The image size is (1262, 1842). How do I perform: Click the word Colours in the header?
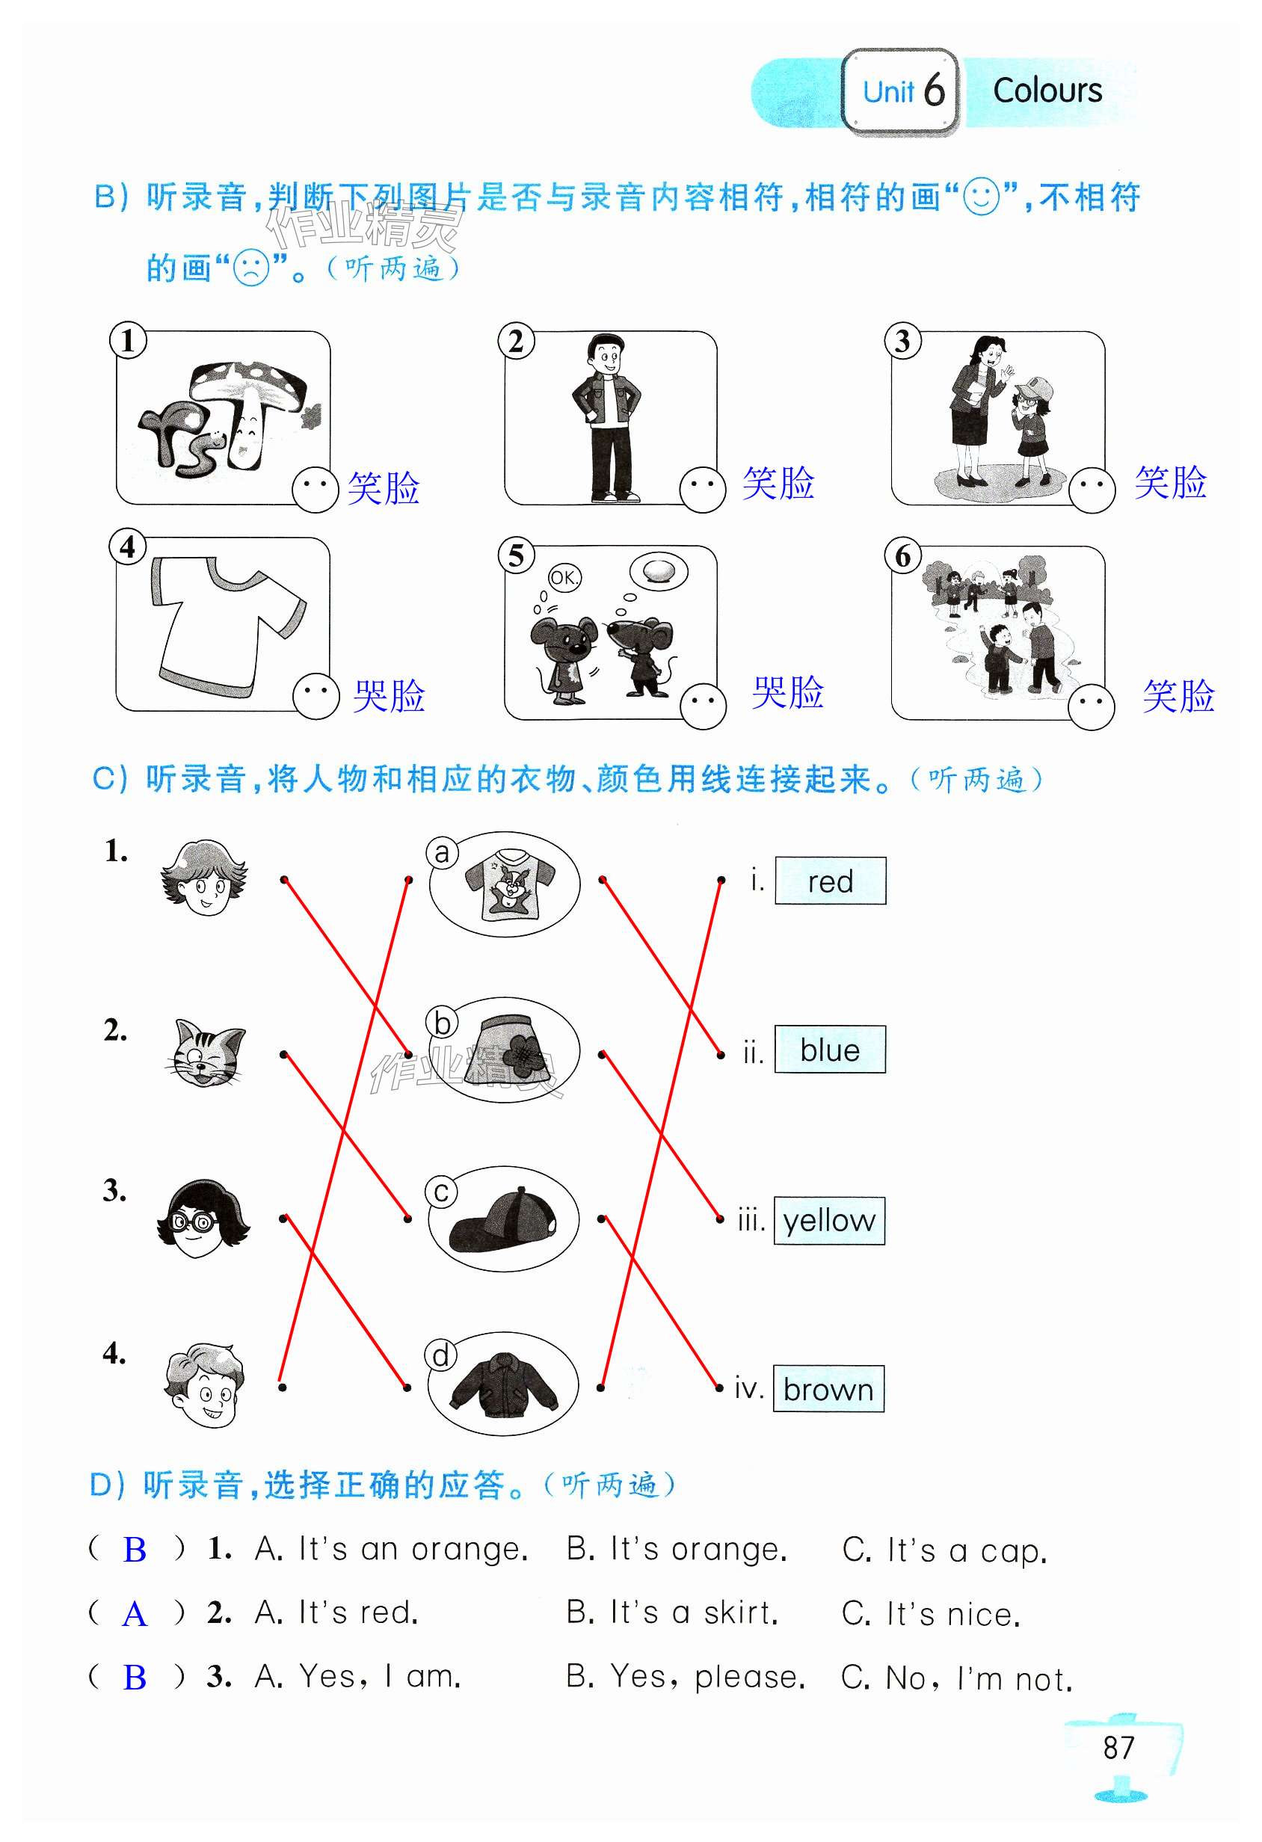coord(1047,91)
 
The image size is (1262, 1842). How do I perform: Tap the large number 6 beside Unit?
coord(934,89)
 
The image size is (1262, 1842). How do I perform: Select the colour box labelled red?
coord(830,881)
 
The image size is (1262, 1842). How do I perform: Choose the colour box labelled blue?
coord(830,1050)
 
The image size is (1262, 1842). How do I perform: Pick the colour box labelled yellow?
coord(829,1221)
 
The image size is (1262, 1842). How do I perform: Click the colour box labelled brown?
coord(828,1389)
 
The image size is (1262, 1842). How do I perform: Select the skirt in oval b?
coord(511,1048)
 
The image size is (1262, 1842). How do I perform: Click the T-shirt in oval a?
coord(510,883)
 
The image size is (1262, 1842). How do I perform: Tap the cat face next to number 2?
coord(206,1053)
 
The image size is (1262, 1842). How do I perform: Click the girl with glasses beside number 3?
coord(203,1219)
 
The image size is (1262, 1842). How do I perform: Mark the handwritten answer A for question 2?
coord(135,1615)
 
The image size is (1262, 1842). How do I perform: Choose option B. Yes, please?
coord(686,1677)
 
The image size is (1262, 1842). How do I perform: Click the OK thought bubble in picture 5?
coord(564,578)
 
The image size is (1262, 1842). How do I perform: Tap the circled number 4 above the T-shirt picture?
coord(128,547)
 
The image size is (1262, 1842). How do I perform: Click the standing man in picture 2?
coord(606,418)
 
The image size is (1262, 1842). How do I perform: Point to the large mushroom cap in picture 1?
coord(247,382)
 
